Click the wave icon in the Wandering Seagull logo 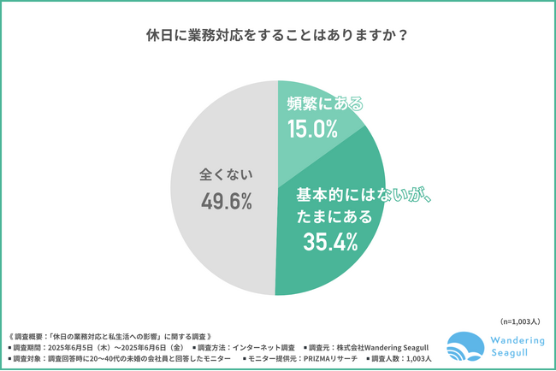coord(464,348)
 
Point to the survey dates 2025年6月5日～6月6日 coord(111,348)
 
